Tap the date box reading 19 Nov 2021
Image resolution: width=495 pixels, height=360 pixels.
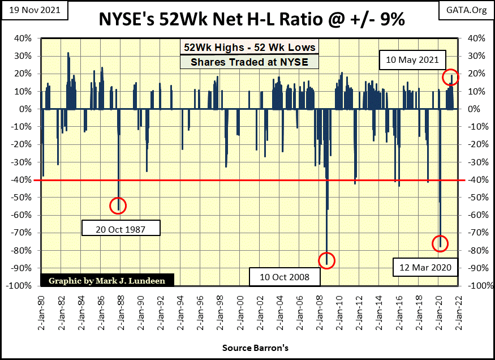tap(34, 10)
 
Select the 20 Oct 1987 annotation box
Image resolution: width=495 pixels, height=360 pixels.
tap(121, 228)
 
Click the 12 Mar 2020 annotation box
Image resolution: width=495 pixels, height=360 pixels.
tap(424, 267)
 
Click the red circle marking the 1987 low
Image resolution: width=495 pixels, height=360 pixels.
tap(118, 205)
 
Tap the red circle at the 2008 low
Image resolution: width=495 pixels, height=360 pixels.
tap(326, 260)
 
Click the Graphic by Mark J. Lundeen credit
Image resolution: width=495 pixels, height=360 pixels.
tap(107, 280)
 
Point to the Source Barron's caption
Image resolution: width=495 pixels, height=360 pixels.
tap(247, 346)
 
